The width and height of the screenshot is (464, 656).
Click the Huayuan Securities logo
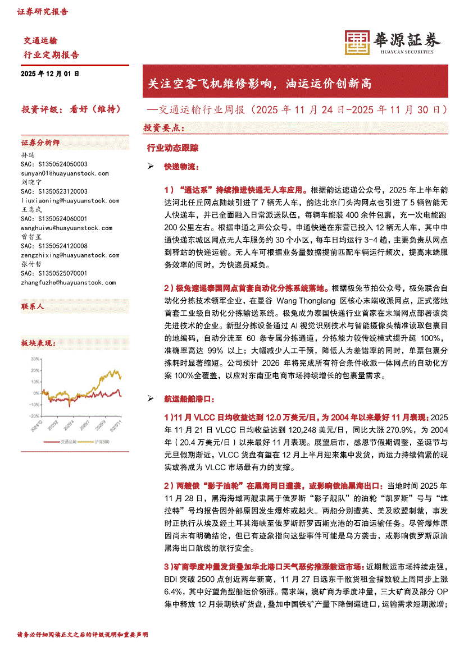392,41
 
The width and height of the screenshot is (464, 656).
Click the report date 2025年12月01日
50,74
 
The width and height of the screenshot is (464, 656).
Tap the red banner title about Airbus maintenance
259,84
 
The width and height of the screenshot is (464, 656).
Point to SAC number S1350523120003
54,191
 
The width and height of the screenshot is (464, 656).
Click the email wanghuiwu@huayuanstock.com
67,228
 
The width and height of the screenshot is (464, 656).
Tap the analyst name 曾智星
31,237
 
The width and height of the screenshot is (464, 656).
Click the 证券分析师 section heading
40,143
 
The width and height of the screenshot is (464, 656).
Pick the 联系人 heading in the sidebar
33,306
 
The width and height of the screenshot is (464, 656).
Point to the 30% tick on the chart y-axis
35,358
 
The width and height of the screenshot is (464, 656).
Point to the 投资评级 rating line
71,109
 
